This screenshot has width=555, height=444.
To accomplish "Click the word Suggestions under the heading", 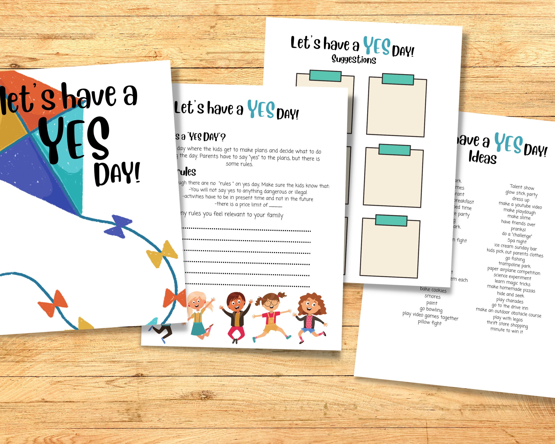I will [x=354, y=59].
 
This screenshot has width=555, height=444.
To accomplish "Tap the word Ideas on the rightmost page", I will [x=482, y=157].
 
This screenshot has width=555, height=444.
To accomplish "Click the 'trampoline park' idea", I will [x=514, y=265].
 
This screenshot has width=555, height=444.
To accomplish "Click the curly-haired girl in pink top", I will [x=310, y=317].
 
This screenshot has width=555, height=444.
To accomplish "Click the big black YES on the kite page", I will [x=75, y=140].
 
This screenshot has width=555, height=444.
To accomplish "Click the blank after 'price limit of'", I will [x=276, y=206].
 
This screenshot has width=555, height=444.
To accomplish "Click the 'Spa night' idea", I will [x=517, y=241].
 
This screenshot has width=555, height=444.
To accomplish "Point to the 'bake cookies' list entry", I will [x=433, y=290].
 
